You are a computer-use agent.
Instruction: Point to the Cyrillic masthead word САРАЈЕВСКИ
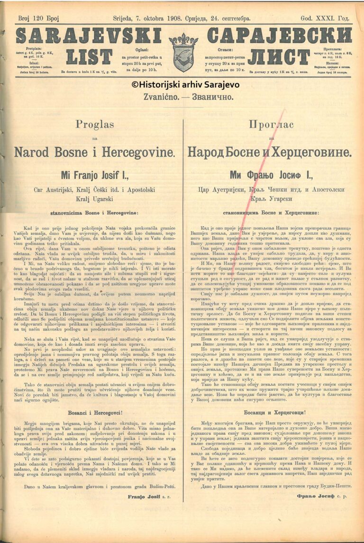click(x=279, y=36)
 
